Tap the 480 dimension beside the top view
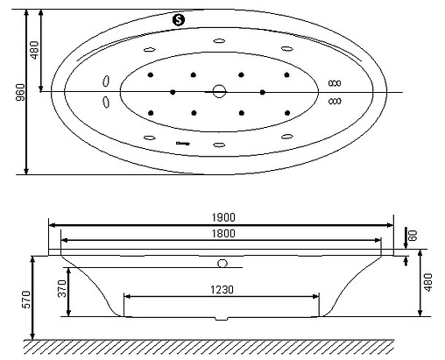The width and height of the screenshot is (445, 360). [x=35, y=51]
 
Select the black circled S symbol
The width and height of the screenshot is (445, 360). [x=180, y=19]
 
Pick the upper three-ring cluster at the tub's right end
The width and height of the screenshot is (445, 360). [x=335, y=83]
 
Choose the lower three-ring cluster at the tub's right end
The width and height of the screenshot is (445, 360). [x=335, y=102]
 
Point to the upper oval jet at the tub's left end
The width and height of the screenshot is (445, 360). [x=106, y=81]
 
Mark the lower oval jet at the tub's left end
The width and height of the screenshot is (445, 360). [x=106, y=102]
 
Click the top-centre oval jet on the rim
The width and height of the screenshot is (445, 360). [x=218, y=40]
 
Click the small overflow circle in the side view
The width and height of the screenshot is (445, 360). [x=222, y=262]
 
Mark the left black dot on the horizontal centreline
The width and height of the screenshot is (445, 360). [x=173, y=92]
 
